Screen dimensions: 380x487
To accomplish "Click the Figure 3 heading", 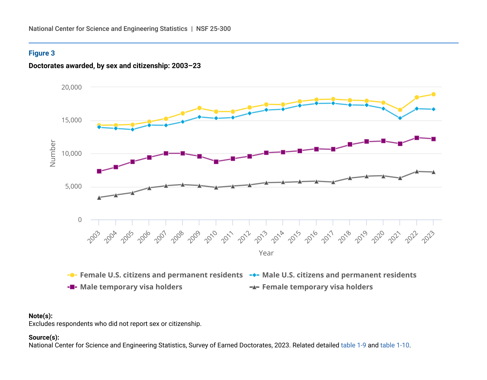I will pyautogui.click(x=42, y=53).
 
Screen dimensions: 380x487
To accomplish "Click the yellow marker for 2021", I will pyautogui.click(x=400, y=110).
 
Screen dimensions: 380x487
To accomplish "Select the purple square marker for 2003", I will pyautogui.click(x=99, y=171).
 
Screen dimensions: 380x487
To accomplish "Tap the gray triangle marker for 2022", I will pyautogui.click(x=416, y=171).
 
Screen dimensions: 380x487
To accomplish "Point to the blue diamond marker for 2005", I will pyautogui.click(x=132, y=129).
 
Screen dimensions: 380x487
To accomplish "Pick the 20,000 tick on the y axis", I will pyautogui.click(x=71, y=87).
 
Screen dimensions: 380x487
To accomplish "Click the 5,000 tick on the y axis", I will pyautogui.click(x=73, y=187).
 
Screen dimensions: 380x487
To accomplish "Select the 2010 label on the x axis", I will pyautogui.click(x=211, y=237).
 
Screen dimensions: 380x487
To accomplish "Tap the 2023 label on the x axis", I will pyautogui.click(x=429, y=237).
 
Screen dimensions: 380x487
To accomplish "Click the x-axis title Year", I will pyautogui.click(x=266, y=253).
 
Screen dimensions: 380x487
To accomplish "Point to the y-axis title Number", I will pyautogui.click(x=53, y=153).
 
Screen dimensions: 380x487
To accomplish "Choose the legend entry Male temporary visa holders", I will pyautogui.click(x=131, y=287).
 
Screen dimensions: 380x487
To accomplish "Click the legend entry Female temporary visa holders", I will pyautogui.click(x=317, y=287).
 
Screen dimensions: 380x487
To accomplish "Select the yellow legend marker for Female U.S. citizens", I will pyautogui.click(x=72, y=275).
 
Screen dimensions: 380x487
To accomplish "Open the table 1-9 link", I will pyautogui.click(x=353, y=345).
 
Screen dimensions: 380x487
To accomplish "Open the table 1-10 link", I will pyautogui.click(x=394, y=345).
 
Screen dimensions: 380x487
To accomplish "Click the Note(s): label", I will pyautogui.click(x=40, y=316).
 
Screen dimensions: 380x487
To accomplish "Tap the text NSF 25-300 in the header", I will pyautogui.click(x=213, y=29).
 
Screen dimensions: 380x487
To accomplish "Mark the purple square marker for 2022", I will pyautogui.click(x=416, y=138).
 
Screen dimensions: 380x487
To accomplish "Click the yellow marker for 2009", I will pyautogui.click(x=199, y=108).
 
